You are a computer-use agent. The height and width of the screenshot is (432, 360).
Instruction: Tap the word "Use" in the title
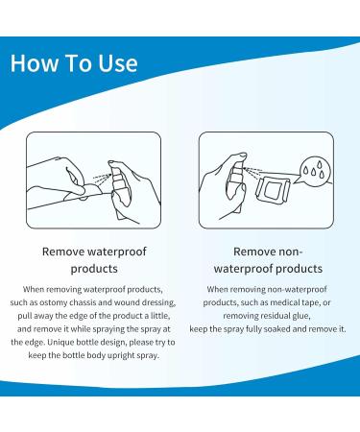tap(118, 62)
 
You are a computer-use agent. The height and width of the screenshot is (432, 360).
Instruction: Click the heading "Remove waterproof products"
tap(94, 260)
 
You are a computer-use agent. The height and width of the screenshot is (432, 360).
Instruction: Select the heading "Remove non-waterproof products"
tap(268, 260)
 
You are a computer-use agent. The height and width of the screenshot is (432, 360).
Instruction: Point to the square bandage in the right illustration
tap(273, 191)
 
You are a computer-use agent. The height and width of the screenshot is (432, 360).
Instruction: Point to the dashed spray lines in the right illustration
tap(252, 172)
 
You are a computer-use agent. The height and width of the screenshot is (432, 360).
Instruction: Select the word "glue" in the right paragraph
tap(301, 316)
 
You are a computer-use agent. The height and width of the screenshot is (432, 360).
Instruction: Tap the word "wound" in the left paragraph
tap(126, 302)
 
